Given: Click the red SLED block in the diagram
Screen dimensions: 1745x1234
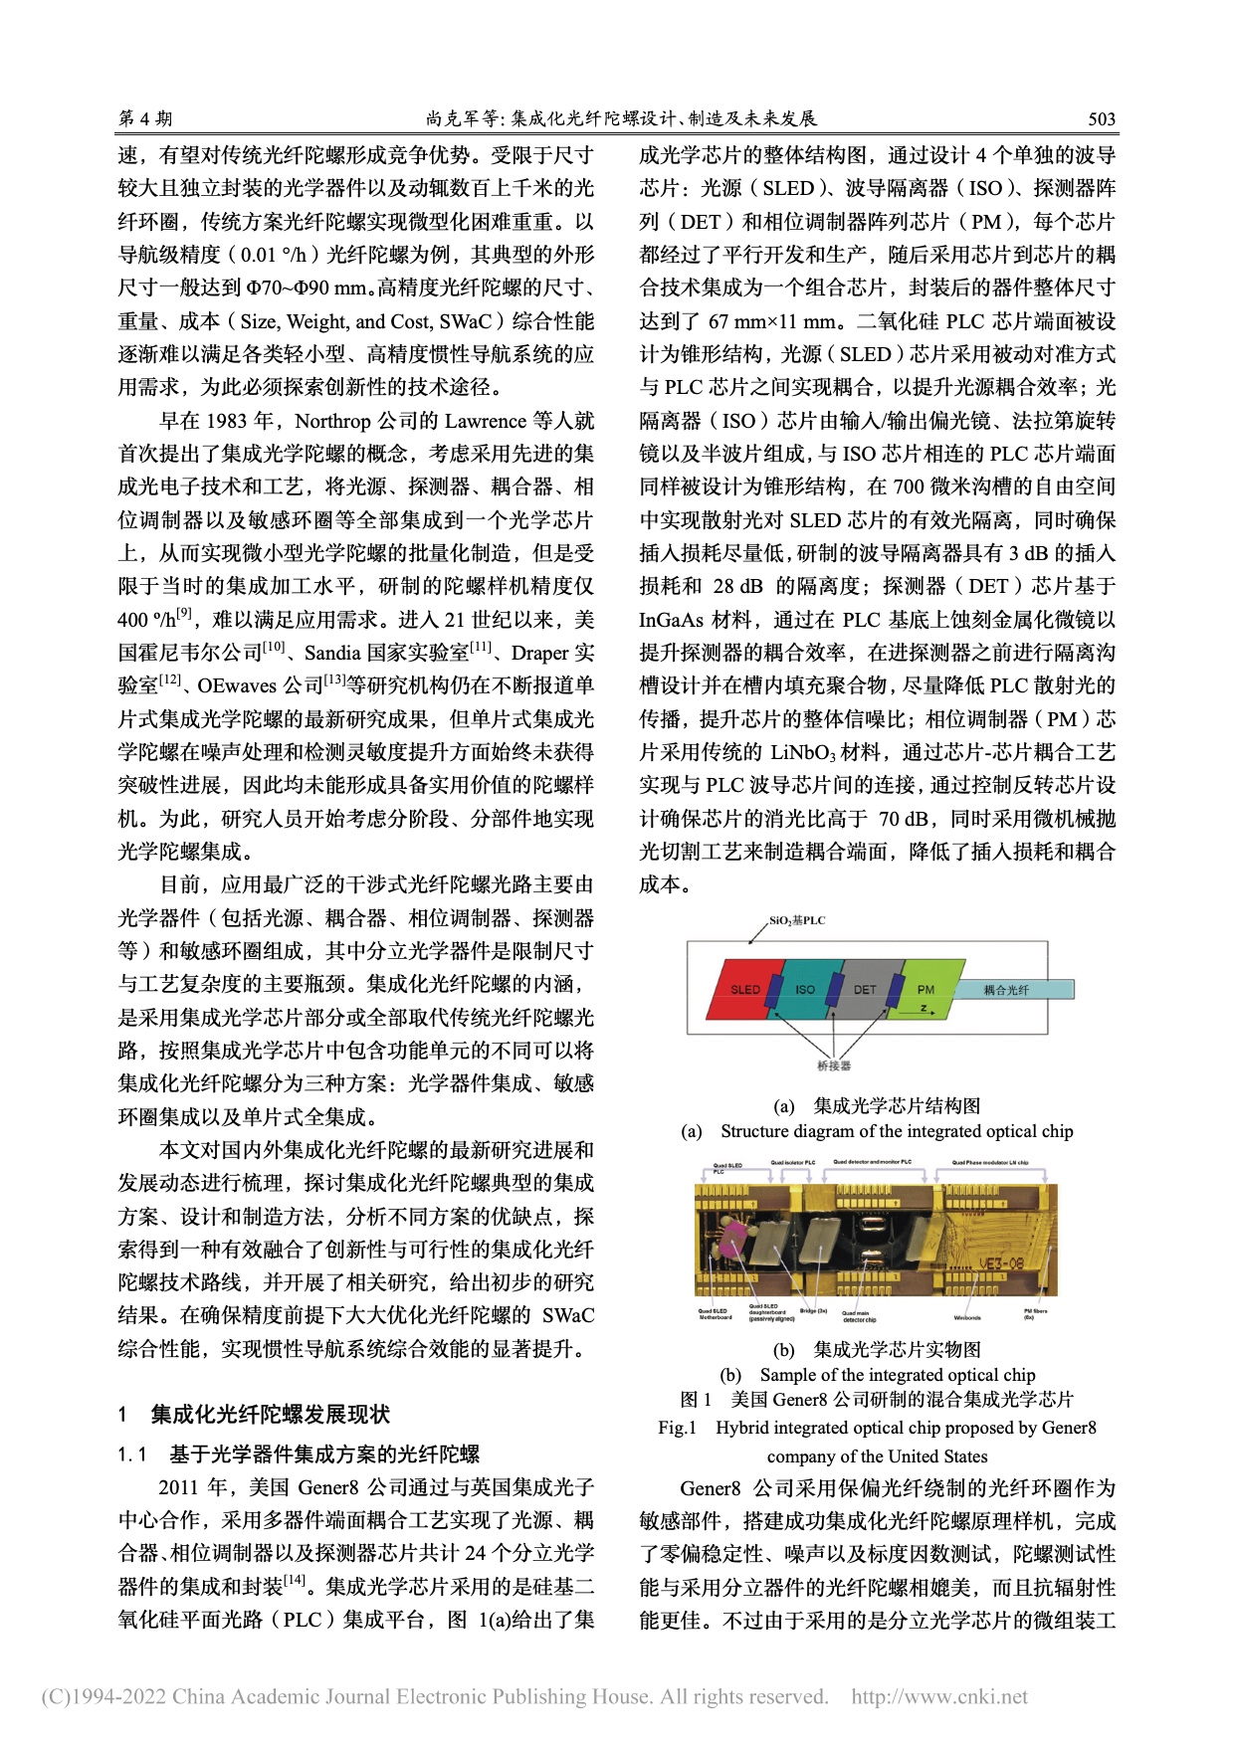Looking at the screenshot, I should pos(743,990).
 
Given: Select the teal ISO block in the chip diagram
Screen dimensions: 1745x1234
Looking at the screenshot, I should pos(804,990).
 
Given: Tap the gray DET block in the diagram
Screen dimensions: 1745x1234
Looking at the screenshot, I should pos(864,990).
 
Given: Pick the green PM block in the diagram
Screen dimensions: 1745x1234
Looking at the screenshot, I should pos(925,989).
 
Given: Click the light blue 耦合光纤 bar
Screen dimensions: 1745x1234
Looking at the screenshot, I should pos(1014,990).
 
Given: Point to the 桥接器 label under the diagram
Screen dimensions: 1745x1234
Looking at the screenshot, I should pos(833,1066).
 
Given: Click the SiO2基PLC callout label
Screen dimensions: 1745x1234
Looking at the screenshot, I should pos(797,921).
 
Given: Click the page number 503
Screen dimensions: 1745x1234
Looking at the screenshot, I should pos(1101,119).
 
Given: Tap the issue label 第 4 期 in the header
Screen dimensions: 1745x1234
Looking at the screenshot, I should pos(145,119).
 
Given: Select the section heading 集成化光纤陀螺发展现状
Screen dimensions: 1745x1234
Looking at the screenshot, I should pos(270,1414).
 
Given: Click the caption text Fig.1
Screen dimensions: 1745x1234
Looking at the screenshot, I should pos(677,1428).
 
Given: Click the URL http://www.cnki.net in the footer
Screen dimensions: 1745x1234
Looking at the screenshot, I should pos(939,1697).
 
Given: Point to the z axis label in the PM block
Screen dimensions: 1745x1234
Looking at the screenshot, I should pos(924,1007).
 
